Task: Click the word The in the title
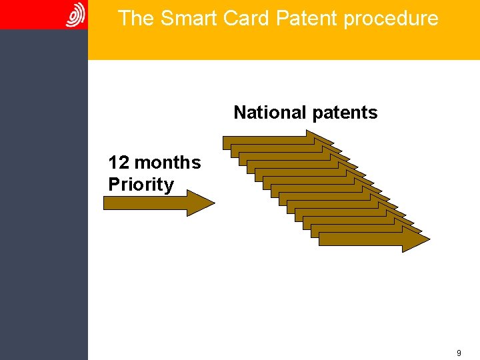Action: pos(136,19)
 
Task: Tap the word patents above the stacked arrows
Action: pos(344,113)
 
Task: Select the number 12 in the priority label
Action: pos(119,163)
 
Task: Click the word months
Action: pos(167,163)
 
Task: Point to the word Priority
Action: pos(141,185)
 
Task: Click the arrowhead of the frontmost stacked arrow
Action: pos(415,239)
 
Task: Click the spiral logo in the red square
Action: pos(75,15)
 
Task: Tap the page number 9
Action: pos(459,353)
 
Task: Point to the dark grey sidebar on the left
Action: pos(43,200)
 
